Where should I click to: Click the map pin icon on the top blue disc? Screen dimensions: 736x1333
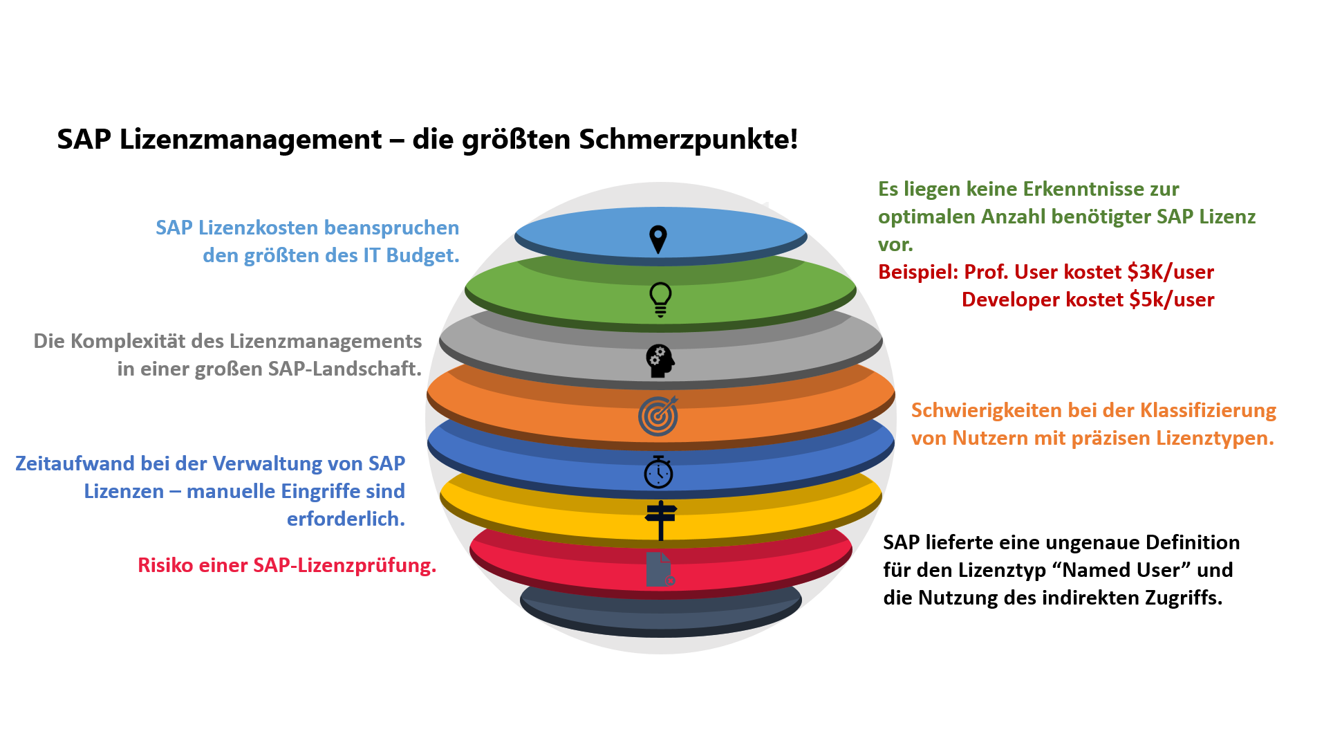(x=658, y=239)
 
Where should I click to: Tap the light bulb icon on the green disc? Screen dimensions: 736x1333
(x=660, y=300)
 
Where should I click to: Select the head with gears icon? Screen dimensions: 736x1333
(x=660, y=360)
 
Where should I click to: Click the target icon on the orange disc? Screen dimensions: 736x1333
(x=658, y=416)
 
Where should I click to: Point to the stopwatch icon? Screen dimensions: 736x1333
(x=658, y=472)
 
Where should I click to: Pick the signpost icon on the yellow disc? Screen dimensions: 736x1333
(x=661, y=519)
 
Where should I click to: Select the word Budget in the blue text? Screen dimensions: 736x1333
(x=422, y=255)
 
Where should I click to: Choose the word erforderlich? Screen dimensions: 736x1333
(x=346, y=519)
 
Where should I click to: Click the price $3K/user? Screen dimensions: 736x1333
(x=1170, y=272)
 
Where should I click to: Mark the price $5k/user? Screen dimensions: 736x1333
(x=1171, y=300)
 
